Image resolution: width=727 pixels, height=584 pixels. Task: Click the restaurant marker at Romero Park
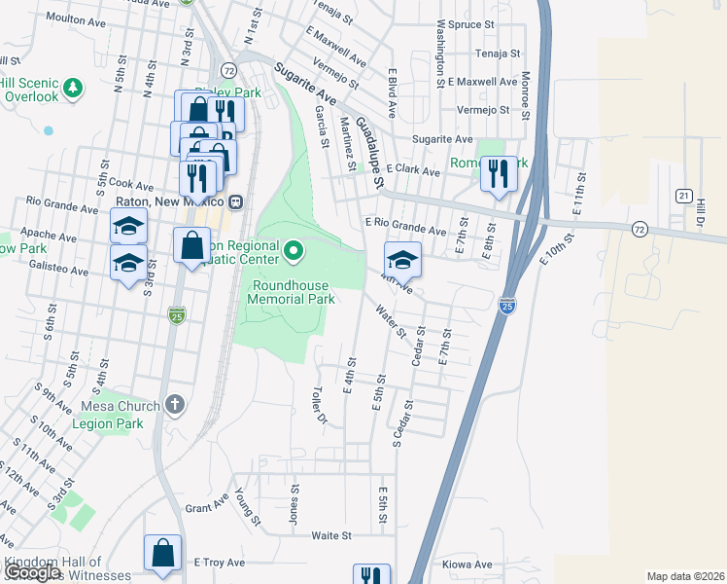pyautogui.click(x=499, y=175)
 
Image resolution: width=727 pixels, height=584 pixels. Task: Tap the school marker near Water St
pyautogui.click(x=402, y=261)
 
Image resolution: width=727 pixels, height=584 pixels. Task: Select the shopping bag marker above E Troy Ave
pyautogui.click(x=163, y=553)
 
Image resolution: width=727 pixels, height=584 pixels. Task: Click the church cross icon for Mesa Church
pyautogui.click(x=175, y=404)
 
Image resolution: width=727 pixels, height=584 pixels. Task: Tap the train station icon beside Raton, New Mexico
pyautogui.click(x=235, y=202)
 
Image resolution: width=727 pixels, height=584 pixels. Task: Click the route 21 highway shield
pyautogui.click(x=685, y=196)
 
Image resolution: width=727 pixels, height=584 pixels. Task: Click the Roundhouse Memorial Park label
pyautogui.click(x=293, y=292)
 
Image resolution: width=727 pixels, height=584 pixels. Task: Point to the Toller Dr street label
pyautogui.click(x=318, y=406)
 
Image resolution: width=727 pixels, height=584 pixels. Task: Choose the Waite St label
pyautogui.click(x=331, y=535)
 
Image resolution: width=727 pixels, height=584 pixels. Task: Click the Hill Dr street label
pyautogui.click(x=699, y=219)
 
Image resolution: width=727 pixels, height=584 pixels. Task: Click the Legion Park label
pyautogui.click(x=110, y=423)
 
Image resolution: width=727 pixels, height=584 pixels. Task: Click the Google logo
pyautogui.click(x=32, y=572)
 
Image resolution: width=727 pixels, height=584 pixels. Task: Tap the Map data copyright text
pyautogui.click(x=685, y=576)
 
